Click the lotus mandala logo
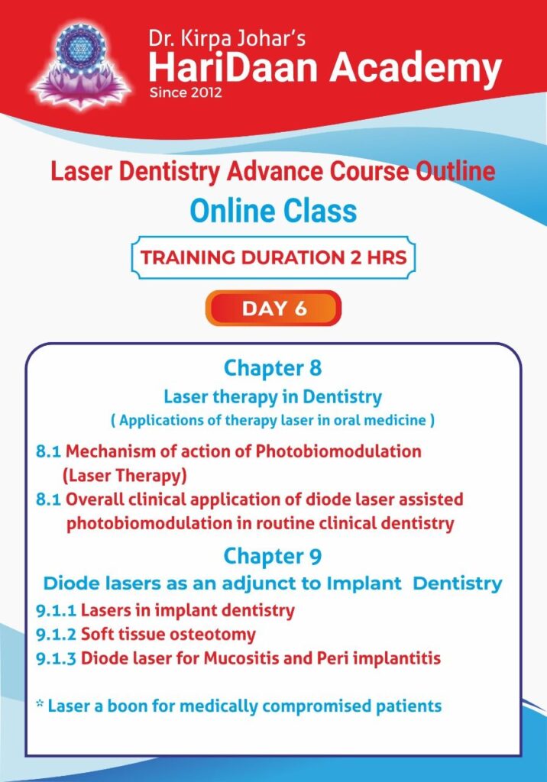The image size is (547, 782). (81, 66)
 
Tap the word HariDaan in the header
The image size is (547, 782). (233, 68)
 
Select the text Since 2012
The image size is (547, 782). (185, 92)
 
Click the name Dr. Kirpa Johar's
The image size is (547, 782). (227, 39)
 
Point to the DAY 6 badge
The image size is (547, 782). (273, 309)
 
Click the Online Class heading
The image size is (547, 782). (273, 211)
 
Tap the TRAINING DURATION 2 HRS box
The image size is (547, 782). (273, 257)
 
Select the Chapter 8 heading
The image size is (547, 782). (273, 368)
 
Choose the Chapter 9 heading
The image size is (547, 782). (273, 556)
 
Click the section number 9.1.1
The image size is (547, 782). (56, 610)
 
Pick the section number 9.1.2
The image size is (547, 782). (56, 635)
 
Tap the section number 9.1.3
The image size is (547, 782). (56, 658)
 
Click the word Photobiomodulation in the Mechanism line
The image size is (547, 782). (338, 451)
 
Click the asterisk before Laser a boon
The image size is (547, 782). (40, 703)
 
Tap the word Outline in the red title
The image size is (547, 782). (455, 171)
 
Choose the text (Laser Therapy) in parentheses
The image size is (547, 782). (125, 475)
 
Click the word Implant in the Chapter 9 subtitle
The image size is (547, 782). (364, 583)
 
